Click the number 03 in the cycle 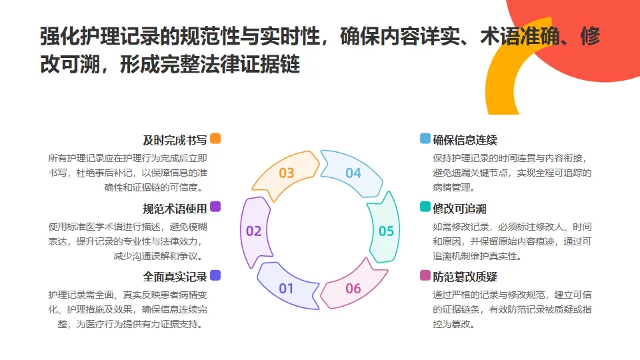point(286,173)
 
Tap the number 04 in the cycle point(353,173)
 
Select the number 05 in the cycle point(386,231)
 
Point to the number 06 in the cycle point(353,289)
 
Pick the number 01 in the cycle point(286,289)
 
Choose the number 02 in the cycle point(253,231)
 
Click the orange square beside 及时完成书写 point(215,139)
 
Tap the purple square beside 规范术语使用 point(215,207)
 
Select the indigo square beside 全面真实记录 point(215,275)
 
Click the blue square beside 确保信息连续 point(425,139)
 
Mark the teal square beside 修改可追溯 point(425,207)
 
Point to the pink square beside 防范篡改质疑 point(425,275)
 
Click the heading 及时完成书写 point(175,140)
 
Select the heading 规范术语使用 point(175,208)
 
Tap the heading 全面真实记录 point(175,276)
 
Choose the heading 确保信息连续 point(465,140)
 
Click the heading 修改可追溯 point(460,208)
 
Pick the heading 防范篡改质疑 point(465,276)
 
